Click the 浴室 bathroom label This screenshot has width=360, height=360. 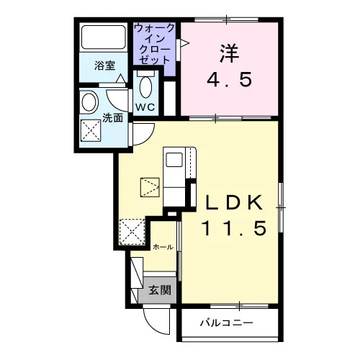104,66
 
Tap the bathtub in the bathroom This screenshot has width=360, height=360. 104,37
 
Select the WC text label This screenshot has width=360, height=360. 145,107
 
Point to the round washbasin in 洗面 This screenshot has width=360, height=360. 89,102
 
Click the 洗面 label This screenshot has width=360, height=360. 112,118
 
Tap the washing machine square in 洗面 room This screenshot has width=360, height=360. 91,130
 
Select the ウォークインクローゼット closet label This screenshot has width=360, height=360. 154,44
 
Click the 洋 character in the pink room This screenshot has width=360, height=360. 229,53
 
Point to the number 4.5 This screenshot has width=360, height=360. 230,80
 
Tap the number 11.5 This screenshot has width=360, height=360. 234,228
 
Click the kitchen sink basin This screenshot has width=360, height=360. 174,160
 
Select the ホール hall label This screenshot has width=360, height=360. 163,247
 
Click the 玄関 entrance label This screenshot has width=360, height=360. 157,290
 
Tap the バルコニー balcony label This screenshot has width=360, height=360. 227,323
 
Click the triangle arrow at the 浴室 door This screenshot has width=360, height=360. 121,78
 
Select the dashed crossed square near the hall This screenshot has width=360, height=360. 132,232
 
